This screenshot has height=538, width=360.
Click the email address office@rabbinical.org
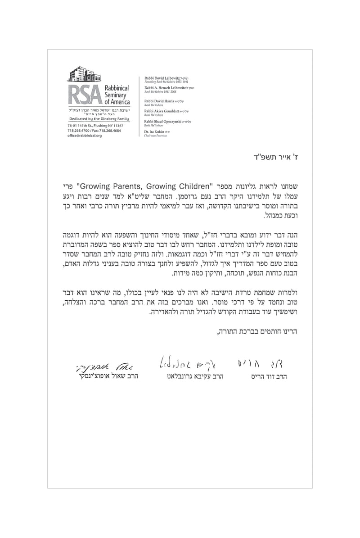(85, 136)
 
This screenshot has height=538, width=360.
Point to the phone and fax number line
(94, 131)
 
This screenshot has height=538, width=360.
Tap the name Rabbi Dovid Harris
(158, 101)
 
